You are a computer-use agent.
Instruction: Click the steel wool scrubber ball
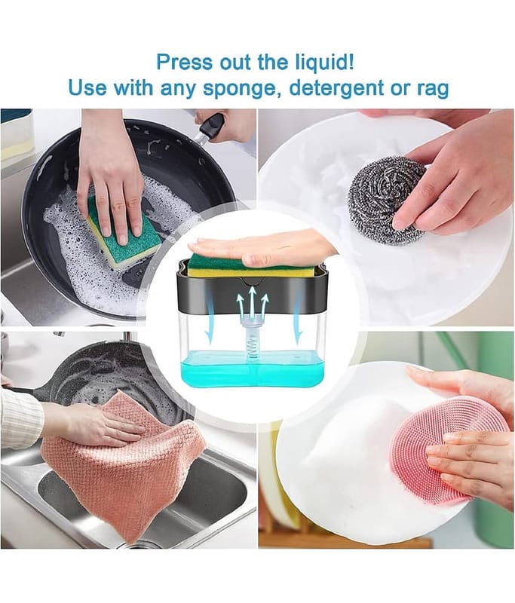388,200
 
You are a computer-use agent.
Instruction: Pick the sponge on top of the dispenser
252,268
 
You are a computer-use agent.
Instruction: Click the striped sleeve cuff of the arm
21,419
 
